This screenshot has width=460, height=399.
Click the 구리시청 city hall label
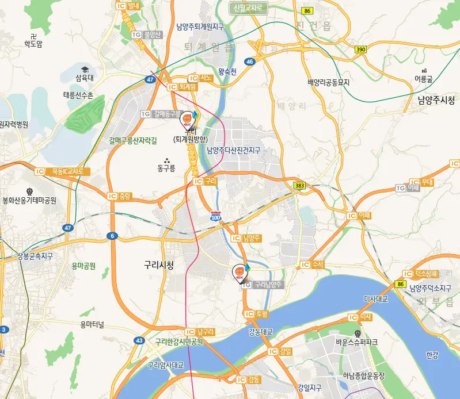pyautogui.click(x=159, y=264)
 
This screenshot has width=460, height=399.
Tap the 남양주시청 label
pyautogui.click(x=437, y=99)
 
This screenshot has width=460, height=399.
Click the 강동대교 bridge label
pyautogui.click(x=260, y=332)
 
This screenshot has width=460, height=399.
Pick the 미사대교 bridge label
pyautogui.click(x=377, y=299)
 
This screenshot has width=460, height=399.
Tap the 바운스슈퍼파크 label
pyautogui.click(x=357, y=342)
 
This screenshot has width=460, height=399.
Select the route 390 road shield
pyautogui.click(x=360, y=50)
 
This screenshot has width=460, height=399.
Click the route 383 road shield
pyautogui.click(x=299, y=186)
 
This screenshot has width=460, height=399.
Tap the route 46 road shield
pyautogui.click(x=249, y=62)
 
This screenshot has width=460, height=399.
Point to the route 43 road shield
pyautogui.click(x=139, y=340)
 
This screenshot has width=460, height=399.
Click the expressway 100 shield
pyautogui.click(x=215, y=217)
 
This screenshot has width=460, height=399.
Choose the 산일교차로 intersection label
pyautogui.click(x=249, y=8)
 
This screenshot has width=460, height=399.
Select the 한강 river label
pyautogui.click(x=432, y=355)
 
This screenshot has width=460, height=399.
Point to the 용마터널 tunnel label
pyautogui.click(x=92, y=325)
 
